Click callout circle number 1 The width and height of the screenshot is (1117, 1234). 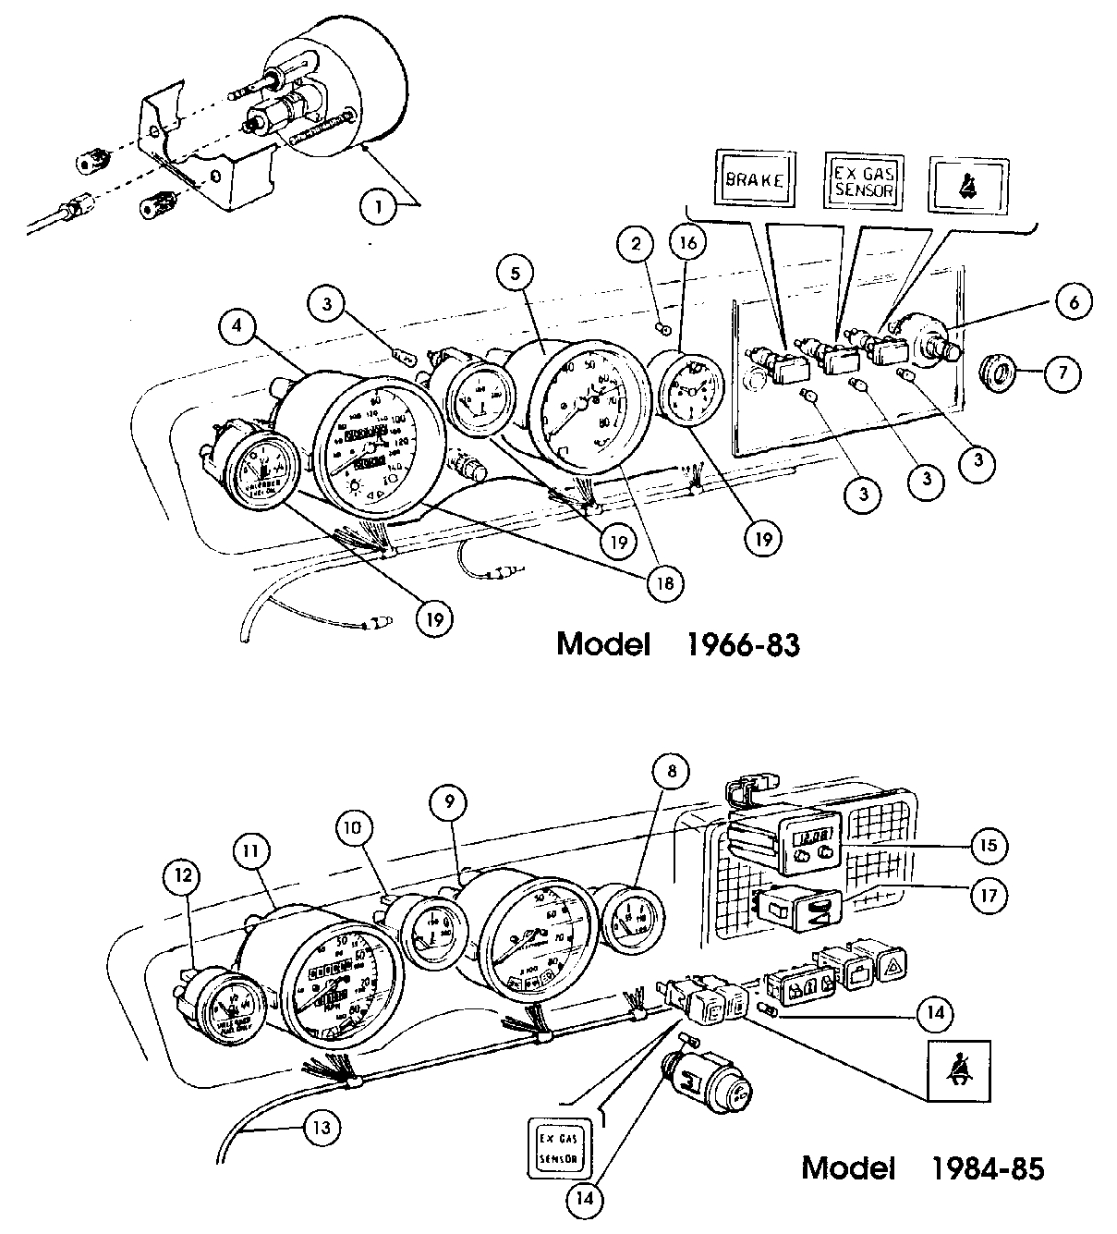(377, 208)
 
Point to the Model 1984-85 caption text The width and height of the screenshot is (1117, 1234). (923, 1167)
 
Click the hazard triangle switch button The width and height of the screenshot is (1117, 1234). (892, 966)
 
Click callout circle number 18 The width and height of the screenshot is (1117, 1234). (665, 583)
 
